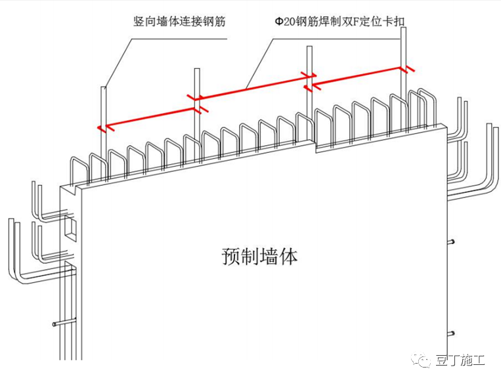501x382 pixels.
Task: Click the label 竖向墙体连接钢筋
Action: pos(179,21)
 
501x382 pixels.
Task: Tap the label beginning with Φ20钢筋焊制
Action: pos(339,21)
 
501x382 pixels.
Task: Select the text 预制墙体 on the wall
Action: pos(259,255)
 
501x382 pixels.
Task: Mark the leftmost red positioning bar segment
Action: pos(148,112)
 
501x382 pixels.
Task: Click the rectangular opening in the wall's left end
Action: pos(70,228)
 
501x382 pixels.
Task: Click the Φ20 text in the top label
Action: pos(283,21)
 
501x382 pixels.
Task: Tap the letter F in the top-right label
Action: pos(364,21)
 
